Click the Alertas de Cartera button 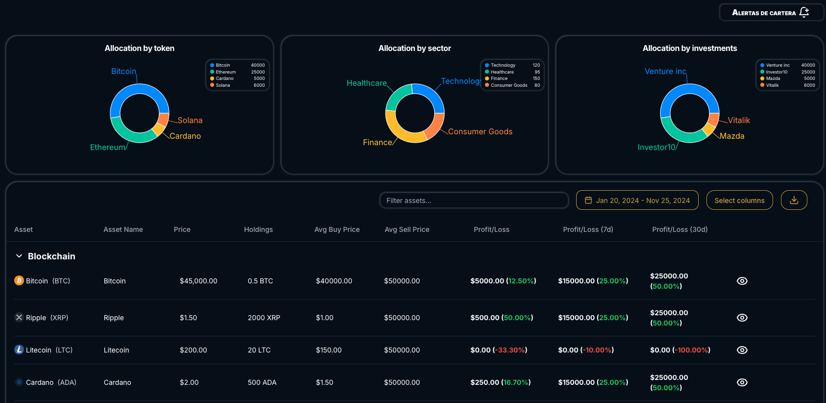[x=771, y=12]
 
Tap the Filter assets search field [x=474, y=201]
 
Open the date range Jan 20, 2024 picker [x=637, y=201]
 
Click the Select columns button [x=739, y=201]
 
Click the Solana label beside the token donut [x=190, y=121]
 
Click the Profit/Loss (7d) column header [x=588, y=229]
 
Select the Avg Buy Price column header [x=337, y=229]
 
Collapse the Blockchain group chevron [x=19, y=256]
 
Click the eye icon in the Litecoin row [x=742, y=350]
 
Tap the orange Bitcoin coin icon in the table [x=19, y=280]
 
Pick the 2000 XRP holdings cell [x=264, y=318]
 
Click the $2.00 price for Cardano [x=189, y=382]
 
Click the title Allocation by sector [x=414, y=49]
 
